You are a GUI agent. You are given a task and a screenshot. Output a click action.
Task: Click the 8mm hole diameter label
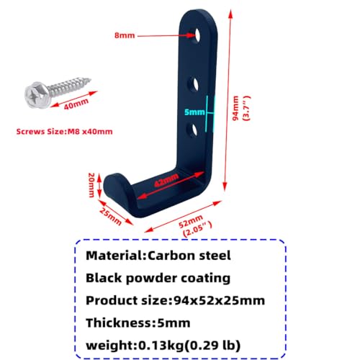[x=125, y=35]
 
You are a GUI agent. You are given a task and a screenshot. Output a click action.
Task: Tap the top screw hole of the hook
[x=198, y=35]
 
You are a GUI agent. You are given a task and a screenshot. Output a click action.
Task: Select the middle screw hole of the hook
[x=194, y=85]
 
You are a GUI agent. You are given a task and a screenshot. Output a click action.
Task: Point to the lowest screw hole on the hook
[x=194, y=130]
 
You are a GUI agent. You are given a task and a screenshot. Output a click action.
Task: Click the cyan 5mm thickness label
[x=194, y=112]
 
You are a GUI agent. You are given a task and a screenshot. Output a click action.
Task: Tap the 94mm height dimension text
[x=235, y=108]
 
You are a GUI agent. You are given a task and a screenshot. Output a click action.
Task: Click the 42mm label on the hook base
[x=166, y=180]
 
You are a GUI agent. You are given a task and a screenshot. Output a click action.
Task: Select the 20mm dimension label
[x=91, y=185]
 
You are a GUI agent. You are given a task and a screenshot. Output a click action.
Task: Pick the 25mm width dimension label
[x=111, y=217]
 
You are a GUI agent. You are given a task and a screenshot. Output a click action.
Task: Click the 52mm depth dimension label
[x=191, y=221]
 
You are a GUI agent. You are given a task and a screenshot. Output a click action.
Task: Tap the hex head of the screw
[x=37, y=95]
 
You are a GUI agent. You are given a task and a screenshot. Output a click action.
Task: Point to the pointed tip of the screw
[x=91, y=79]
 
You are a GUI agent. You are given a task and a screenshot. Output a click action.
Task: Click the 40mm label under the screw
[x=76, y=104]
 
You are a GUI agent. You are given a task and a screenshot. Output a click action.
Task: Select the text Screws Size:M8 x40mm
[x=64, y=132]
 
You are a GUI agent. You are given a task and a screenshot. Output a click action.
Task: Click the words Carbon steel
[x=189, y=256]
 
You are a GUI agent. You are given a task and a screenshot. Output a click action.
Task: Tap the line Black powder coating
[x=158, y=278]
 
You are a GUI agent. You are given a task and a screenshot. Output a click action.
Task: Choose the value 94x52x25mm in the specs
[x=219, y=300]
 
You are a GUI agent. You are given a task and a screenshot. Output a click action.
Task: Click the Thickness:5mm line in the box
[x=138, y=323]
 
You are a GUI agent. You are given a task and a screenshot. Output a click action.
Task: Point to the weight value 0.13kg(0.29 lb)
[x=189, y=346]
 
